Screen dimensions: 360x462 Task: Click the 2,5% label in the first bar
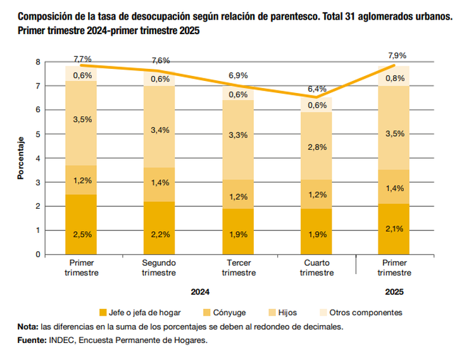pos(81,234)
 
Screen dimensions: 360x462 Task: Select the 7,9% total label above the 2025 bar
pos(397,56)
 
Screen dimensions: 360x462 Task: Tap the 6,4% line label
pos(317,89)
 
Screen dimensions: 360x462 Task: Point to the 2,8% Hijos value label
pos(317,147)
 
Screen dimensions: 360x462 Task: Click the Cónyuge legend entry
pos(225,313)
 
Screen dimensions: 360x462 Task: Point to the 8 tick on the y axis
pos(38,62)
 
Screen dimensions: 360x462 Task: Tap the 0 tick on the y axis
pos(38,254)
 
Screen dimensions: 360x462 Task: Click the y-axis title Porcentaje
pos(20,158)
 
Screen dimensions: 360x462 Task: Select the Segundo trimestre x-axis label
pos(159,268)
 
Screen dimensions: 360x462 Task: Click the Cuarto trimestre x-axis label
pos(316,268)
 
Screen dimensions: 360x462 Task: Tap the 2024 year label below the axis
pos(200,292)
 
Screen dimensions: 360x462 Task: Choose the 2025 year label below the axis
pos(395,292)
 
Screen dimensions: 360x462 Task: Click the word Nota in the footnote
pos(28,326)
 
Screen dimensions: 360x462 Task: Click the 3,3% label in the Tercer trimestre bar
pos(238,135)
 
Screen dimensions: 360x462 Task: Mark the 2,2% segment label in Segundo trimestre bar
pos(159,234)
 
